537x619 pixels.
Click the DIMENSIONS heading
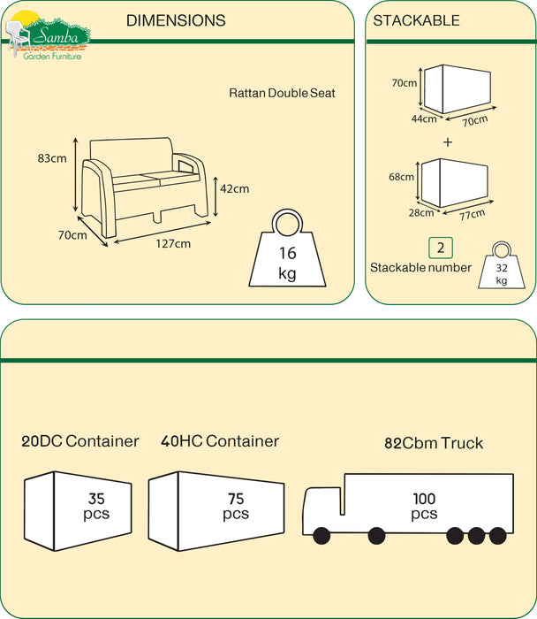[x=176, y=20]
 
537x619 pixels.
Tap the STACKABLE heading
[x=416, y=20]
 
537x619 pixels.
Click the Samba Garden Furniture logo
[x=48, y=35]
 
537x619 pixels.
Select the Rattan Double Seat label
[x=282, y=93]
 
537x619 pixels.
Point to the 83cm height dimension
[x=52, y=158]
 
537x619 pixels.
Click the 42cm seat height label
[x=235, y=188]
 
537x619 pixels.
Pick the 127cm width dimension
[x=173, y=243]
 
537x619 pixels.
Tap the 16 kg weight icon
[x=287, y=248]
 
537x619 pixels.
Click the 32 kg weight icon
[x=502, y=265]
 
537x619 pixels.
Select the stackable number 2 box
[x=441, y=248]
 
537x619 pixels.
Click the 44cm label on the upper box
[x=424, y=118]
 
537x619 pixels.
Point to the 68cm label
[x=401, y=177]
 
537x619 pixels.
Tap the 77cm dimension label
[x=473, y=214]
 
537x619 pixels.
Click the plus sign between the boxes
[x=448, y=142]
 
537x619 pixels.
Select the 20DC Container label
[x=80, y=441]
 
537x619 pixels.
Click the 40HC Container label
[x=220, y=441]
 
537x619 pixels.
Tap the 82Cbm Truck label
[x=434, y=443]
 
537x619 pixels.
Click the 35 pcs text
[x=96, y=506]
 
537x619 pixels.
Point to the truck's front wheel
[x=321, y=536]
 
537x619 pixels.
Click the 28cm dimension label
[x=421, y=213]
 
